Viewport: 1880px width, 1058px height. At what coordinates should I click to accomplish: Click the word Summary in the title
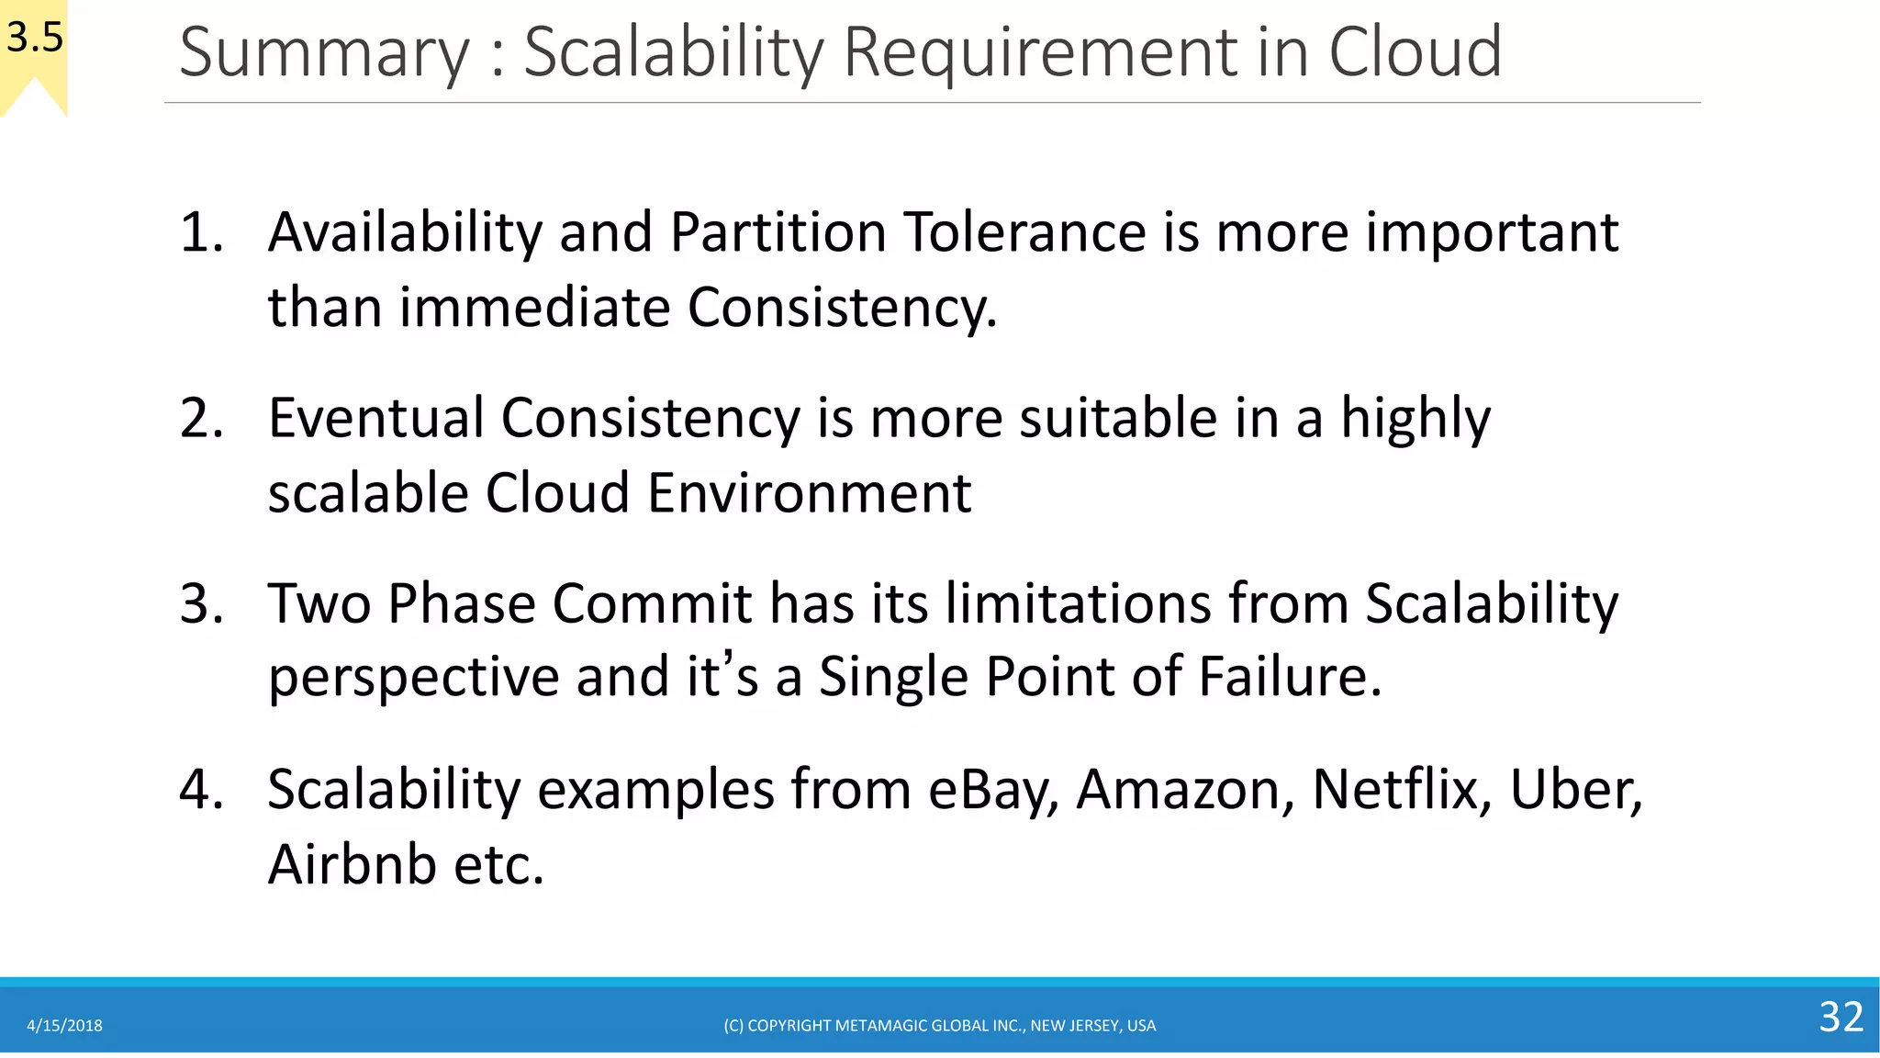click(x=324, y=52)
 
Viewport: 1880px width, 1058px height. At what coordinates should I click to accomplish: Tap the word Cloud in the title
click(x=1414, y=52)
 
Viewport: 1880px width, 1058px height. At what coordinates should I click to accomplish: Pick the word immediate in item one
click(x=533, y=307)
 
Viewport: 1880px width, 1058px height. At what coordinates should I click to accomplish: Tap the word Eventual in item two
click(x=375, y=418)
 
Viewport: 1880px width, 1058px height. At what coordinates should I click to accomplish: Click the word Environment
click(x=809, y=493)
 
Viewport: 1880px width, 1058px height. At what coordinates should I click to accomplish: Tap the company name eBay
click(x=993, y=790)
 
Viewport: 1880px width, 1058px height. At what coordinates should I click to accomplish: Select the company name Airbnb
click(x=352, y=864)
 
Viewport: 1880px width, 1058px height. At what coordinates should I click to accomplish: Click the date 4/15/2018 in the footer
click(x=64, y=1026)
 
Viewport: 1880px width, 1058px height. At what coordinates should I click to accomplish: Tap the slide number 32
click(x=1841, y=1017)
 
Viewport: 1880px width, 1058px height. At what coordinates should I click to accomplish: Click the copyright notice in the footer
click(x=939, y=1026)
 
